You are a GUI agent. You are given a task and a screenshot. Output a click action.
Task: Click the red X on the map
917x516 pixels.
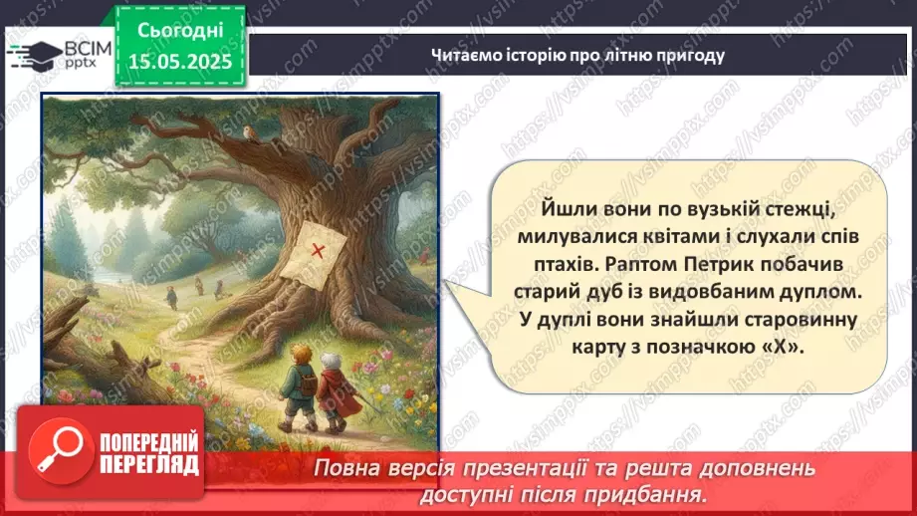pos(319,250)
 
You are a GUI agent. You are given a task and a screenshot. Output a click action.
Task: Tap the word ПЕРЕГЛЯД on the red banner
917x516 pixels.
pos(150,464)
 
